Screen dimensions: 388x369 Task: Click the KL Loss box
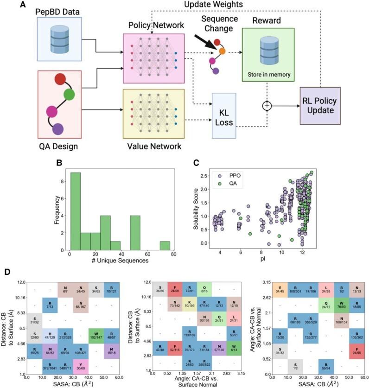pos(225,116)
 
